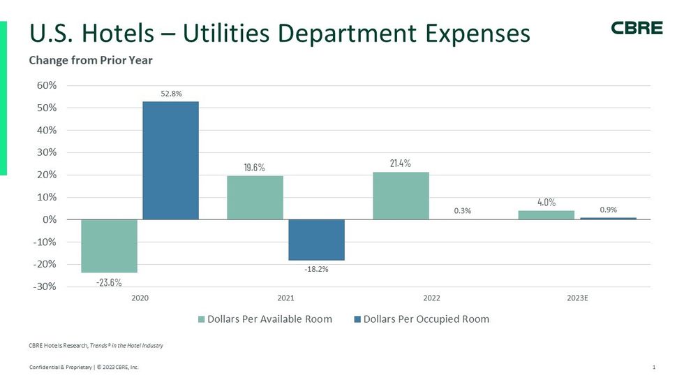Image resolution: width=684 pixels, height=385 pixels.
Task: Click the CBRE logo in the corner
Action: (637, 28)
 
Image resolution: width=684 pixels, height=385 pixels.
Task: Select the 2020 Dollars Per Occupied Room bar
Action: (171, 160)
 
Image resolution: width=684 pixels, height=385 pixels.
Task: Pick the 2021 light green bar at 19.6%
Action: (255, 198)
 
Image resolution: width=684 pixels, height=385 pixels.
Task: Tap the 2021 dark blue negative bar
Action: (316, 240)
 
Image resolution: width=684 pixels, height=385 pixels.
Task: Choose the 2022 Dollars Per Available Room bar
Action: (401, 196)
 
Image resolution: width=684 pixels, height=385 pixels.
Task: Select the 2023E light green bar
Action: (546, 215)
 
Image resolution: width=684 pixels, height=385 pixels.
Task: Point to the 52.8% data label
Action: (171, 94)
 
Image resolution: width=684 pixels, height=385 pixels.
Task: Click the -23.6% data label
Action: (110, 282)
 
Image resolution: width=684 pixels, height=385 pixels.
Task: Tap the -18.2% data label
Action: (316, 269)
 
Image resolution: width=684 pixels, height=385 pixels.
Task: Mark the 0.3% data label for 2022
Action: (462, 210)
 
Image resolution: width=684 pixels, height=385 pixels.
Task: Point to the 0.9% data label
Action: (608, 209)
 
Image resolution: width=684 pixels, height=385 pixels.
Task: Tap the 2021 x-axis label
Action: (285, 298)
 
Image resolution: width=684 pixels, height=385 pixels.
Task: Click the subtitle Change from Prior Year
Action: (91, 61)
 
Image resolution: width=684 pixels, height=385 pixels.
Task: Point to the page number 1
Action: (653, 368)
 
